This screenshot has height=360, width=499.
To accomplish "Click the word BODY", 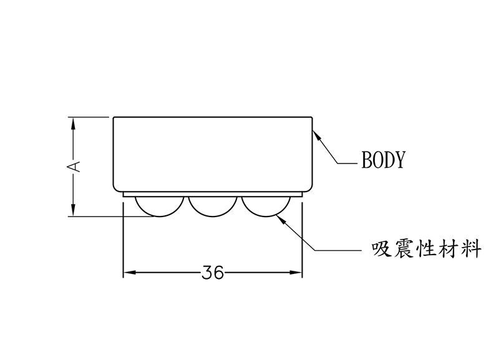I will pyautogui.click(x=384, y=160).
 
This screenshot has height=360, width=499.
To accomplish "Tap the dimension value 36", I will pyautogui.click(x=213, y=273).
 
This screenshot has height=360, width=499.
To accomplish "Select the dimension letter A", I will pyautogui.click(x=74, y=166).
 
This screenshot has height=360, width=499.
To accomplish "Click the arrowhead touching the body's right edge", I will pyautogui.click(x=316, y=133).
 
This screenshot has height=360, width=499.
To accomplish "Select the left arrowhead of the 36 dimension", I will pyautogui.click(x=128, y=273).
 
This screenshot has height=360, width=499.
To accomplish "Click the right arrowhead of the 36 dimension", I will pyautogui.click(x=297, y=273).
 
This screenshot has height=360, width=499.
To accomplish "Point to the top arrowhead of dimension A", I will pyautogui.click(x=74, y=122).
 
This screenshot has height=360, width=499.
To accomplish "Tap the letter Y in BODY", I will pyautogui.click(x=400, y=160).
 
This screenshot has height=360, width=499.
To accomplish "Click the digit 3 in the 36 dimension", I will pyautogui.click(x=207, y=273).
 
